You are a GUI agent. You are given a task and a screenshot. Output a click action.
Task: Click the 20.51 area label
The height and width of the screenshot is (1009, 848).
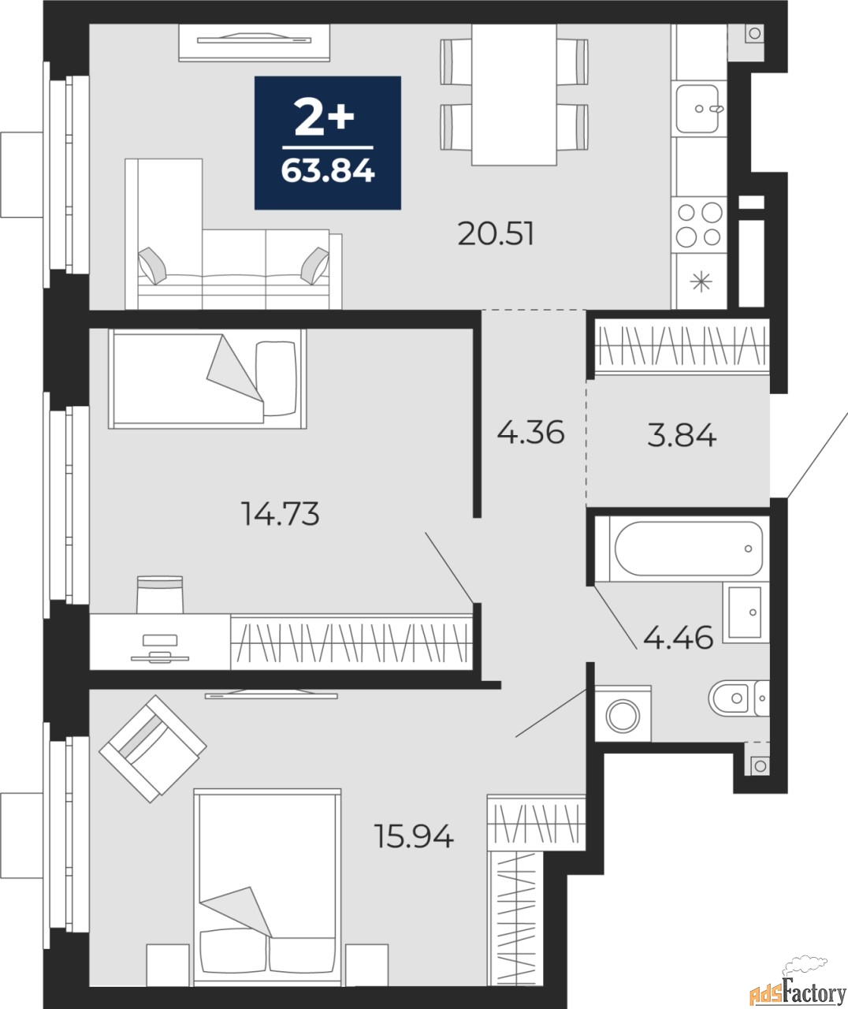(496, 234)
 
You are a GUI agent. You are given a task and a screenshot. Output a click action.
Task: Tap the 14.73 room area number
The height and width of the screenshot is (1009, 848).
(280, 514)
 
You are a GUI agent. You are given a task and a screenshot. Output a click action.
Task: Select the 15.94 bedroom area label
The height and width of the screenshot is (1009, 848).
(415, 836)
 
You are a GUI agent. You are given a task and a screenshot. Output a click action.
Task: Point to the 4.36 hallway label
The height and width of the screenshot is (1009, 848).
(530, 432)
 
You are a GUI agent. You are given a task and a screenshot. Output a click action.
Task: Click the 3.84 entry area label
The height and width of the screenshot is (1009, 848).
(682, 434)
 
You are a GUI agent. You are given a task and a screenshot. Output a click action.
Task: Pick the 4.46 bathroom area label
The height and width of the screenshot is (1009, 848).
(678, 636)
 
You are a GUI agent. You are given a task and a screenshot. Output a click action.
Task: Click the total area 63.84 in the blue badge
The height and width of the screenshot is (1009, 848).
(327, 170)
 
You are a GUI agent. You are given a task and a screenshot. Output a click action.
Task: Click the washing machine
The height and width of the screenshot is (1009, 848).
(623, 714)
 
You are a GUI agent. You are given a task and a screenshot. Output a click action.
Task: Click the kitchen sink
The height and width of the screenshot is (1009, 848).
(697, 109)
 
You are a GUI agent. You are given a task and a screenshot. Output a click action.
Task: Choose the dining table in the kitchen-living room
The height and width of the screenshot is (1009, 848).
(514, 95)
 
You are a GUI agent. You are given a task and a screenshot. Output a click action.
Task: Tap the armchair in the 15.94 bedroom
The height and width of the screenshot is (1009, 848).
(152, 748)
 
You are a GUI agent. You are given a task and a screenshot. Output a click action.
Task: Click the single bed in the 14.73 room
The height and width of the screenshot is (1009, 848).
(206, 378)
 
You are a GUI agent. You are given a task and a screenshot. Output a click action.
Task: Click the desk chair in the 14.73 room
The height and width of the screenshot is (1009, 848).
(160, 594)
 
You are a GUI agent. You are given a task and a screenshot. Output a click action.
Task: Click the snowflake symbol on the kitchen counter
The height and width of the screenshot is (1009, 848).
(699, 281)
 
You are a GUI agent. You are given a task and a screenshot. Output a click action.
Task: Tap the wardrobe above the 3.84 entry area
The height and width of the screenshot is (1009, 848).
(682, 344)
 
